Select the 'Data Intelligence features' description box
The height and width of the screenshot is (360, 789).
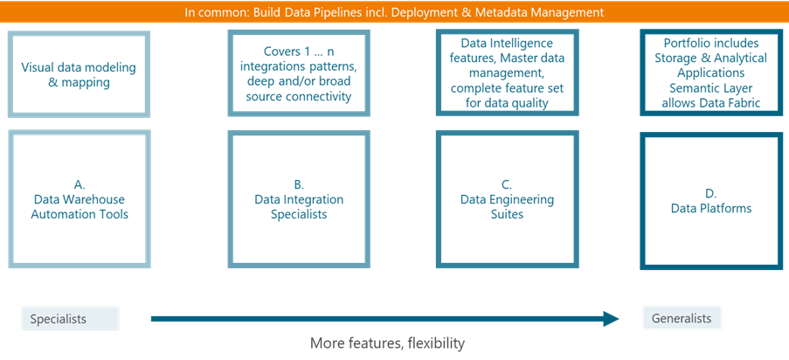click(506, 73)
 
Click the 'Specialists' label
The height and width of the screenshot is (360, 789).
click(70, 319)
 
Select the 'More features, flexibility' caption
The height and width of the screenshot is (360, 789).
click(387, 343)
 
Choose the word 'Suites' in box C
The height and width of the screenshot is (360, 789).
click(507, 214)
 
